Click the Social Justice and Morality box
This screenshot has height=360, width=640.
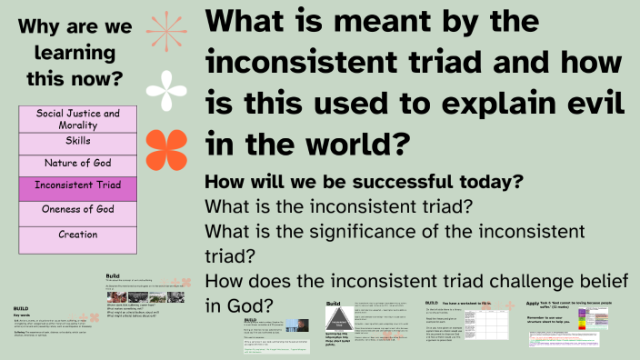tap(77, 119)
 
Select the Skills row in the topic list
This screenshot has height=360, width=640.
tap(77, 142)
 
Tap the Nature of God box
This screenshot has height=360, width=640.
tap(77, 164)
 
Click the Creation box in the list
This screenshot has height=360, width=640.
tap(77, 235)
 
